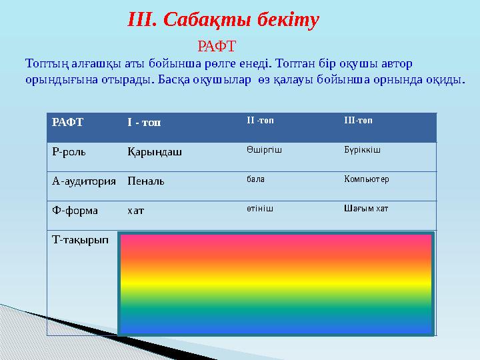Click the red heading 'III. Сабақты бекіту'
click(223, 21)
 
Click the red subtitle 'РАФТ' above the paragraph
click(217, 47)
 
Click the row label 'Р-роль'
click(69, 152)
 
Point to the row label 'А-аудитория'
click(84, 181)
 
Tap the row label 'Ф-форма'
click(75, 211)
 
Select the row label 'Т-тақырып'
click(80, 240)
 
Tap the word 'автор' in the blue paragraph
click(397, 64)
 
